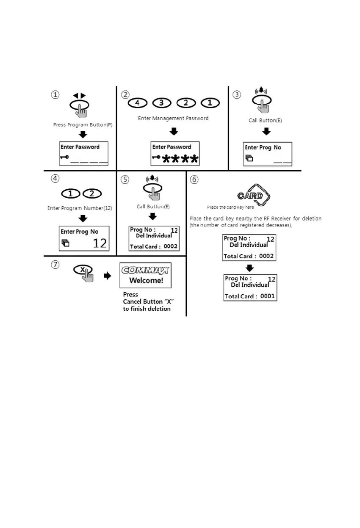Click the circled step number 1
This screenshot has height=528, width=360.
tap(55, 95)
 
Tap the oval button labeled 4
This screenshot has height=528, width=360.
tap(137, 103)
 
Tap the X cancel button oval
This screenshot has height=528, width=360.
tap(83, 270)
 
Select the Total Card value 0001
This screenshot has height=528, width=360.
tap(267, 296)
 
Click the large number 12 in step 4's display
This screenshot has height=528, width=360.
tap(100, 243)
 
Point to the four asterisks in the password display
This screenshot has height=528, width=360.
tap(180, 160)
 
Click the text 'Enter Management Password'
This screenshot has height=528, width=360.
tap(173, 119)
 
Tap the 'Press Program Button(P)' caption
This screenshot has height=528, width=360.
tap(83, 125)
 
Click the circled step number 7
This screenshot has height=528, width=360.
tap(55, 264)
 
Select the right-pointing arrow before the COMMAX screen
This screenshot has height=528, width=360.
tap(108, 276)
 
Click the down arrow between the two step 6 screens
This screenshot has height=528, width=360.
tap(250, 268)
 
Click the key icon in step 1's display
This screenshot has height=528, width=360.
tap(64, 157)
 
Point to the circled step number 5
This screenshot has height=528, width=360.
tap(125, 180)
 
